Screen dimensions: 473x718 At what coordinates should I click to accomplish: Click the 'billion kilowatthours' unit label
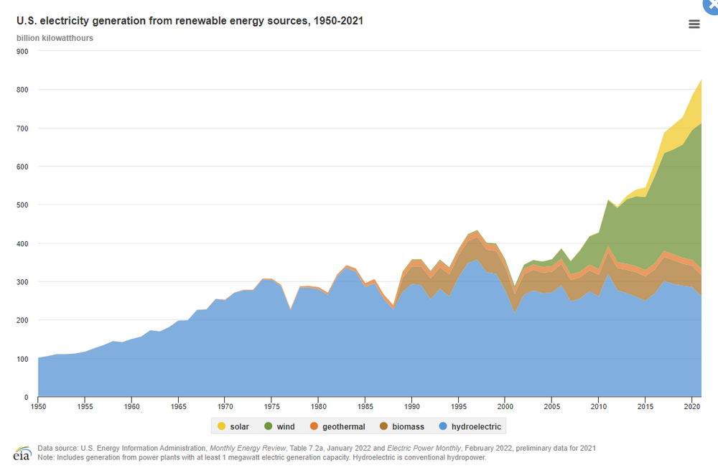[x=55, y=37]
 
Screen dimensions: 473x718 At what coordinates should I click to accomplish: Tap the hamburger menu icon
[x=694, y=24]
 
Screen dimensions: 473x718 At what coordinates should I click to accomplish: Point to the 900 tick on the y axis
[x=22, y=52]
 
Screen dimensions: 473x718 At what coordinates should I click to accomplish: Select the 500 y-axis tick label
[x=22, y=205]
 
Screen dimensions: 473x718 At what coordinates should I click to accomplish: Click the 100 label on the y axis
[x=22, y=359]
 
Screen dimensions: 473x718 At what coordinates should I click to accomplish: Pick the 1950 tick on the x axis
[x=38, y=407]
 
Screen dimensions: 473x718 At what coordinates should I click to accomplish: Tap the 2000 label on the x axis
[x=505, y=407]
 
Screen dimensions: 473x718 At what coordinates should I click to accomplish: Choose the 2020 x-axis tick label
[x=691, y=407]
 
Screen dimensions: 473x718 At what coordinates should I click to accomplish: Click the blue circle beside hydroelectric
[x=444, y=427]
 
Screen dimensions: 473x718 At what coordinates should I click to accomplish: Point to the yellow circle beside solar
[x=220, y=427]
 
